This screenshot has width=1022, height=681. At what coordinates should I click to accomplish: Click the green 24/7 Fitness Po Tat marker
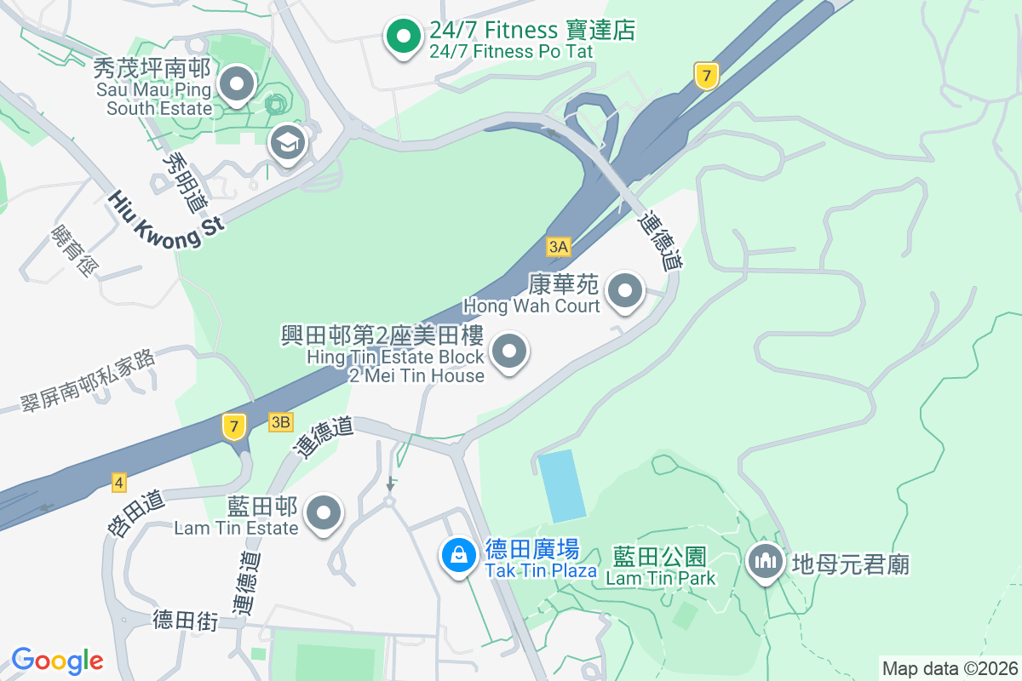click(403, 36)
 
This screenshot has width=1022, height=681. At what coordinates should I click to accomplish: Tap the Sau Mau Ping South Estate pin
click(237, 84)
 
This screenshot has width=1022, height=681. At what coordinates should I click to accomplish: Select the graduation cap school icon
click(288, 143)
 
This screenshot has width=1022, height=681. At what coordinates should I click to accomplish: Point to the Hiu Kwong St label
click(166, 220)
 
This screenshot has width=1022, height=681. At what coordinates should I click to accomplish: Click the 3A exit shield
click(558, 247)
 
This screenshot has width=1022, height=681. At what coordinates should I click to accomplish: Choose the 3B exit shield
click(280, 421)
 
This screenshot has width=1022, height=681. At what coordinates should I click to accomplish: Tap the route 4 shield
click(118, 484)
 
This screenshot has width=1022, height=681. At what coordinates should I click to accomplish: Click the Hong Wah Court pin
click(627, 291)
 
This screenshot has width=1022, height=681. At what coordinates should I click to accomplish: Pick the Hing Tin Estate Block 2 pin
click(509, 351)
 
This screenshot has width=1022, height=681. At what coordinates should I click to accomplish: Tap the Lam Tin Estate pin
click(324, 513)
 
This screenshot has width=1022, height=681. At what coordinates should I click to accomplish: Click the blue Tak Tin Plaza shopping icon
click(459, 555)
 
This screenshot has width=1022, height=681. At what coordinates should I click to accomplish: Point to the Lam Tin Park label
click(660, 568)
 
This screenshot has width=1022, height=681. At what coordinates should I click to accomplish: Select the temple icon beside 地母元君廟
click(766, 560)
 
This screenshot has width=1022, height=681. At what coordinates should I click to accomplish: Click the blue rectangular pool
click(562, 486)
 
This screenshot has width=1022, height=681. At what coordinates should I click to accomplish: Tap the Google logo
click(57, 661)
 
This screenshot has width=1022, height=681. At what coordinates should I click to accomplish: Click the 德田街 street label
click(187, 621)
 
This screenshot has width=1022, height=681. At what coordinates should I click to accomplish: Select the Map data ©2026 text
click(950, 668)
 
